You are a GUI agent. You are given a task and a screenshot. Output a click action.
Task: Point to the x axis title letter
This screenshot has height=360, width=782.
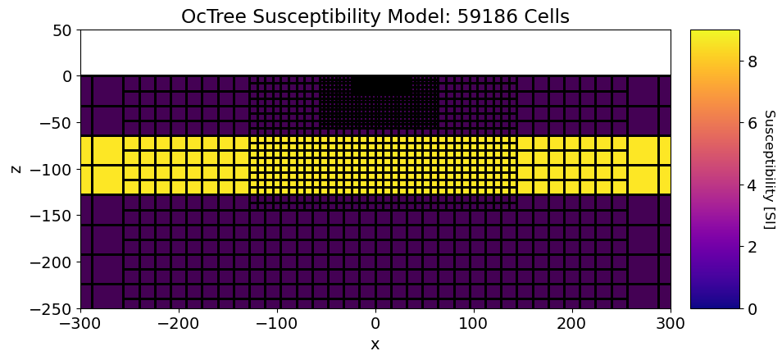click(375, 344)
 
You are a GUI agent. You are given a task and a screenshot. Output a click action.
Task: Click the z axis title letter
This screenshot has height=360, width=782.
click(16, 169)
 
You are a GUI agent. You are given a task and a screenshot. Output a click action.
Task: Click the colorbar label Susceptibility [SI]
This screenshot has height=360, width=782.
click(769, 169)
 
